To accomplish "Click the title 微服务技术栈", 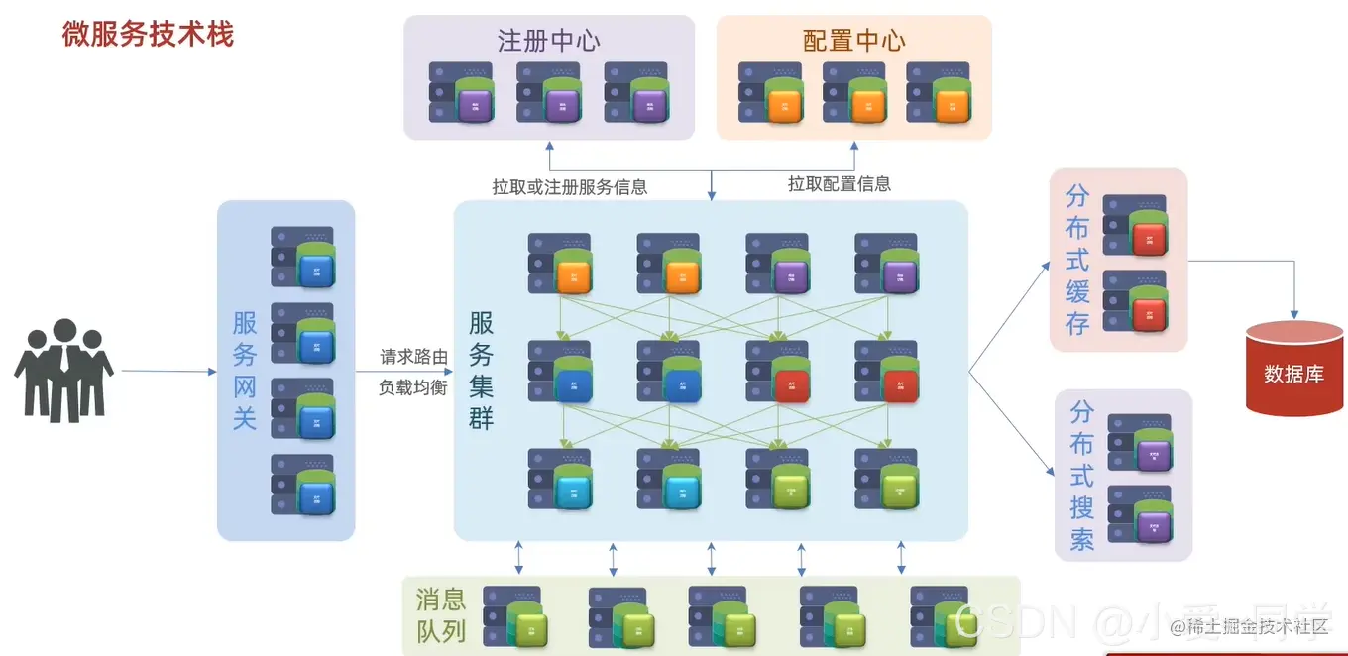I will [x=148, y=35].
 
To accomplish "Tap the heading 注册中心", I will [x=548, y=41].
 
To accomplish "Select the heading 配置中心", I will [x=853, y=41].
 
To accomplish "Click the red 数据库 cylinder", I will [x=1293, y=368].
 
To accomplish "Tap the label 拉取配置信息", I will [x=839, y=184].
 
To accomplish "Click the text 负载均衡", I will [x=413, y=387].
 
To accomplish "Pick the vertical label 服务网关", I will [x=245, y=371].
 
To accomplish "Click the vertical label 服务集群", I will [x=482, y=371].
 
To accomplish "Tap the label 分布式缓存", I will [x=1077, y=260].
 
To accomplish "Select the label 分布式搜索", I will [x=1081, y=476].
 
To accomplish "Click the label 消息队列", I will [x=441, y=615].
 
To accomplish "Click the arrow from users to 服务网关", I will [x=168, y=372].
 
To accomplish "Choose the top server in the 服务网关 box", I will [x=303, y=258].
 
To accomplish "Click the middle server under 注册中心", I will [x=548, y=93].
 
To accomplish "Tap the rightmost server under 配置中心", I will [x=938, y=93].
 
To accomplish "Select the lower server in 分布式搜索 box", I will [x=1140, y=513].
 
